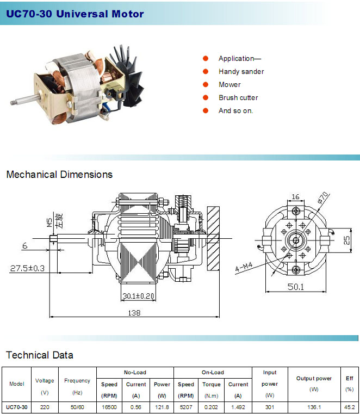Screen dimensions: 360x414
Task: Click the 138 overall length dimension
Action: coord(134,313)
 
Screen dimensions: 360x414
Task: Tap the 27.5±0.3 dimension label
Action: coord(27,268)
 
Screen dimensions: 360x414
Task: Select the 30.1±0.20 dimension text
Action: coord(138,296)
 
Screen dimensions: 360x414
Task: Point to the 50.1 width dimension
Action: coord(296,287)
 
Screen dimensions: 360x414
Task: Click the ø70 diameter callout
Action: coord(323,197)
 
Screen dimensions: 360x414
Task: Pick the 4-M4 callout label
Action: coord(244,267)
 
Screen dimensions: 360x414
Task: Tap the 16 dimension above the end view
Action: coord(296,196)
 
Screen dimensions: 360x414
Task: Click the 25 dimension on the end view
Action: coord(346,240)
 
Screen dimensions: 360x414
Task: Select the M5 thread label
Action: coord(49,223)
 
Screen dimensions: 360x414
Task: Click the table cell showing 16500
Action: coord(109,407)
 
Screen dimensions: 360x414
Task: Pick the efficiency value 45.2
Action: coord(350,407)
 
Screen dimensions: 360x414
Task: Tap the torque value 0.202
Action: coord(211,407)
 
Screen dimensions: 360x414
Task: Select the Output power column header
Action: coord(314,378)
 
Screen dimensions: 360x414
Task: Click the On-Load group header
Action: coord(213,372)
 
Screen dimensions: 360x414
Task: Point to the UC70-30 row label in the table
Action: coord(17,407)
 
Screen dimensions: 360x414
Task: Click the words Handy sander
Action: coord(241,72)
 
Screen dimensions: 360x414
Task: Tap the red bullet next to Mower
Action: coord(206,84)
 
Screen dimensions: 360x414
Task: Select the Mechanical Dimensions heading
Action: coord(59,175)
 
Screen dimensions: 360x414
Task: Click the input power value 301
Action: coord(270,407)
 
